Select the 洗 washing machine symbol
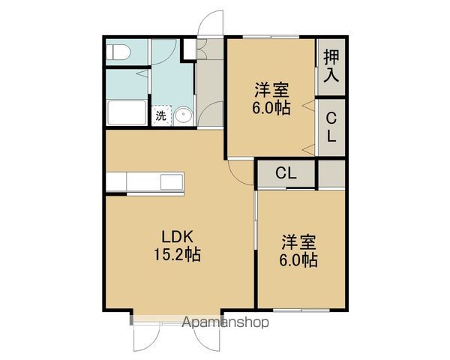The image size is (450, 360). pos(161,115)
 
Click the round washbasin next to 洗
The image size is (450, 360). pos(184,115)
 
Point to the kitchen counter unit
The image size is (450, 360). pos(145,181)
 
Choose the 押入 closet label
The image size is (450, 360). pos(331,67)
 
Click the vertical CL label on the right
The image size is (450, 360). pos(331,127)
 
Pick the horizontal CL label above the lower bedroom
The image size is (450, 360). pos(285,173)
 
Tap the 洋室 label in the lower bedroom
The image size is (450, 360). pos(299,242)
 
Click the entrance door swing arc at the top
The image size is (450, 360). pos(211,22)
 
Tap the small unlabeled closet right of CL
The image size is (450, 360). pos(331,172)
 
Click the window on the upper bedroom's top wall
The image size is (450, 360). pos(270,35)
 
